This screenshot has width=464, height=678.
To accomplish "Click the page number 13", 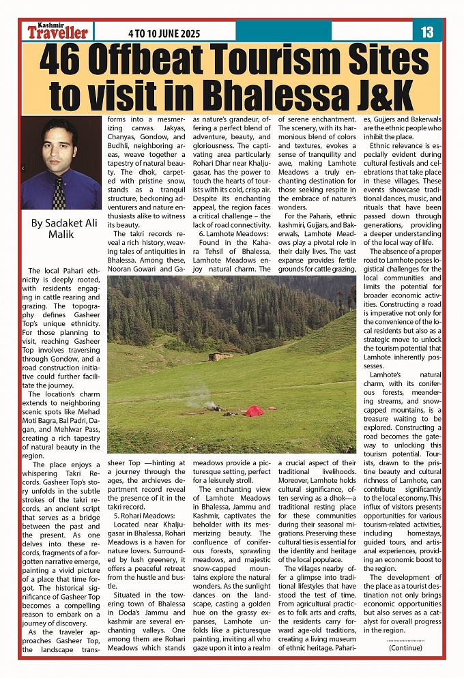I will point(428,32).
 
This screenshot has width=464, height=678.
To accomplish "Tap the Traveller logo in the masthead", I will point(58,33).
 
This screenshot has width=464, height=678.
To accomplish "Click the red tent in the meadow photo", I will point(254,411).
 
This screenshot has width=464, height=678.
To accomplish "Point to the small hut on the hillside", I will point(218,356).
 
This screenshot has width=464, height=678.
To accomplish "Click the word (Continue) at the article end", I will point(405,647).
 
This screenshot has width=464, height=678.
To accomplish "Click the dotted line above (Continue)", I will point(405,640).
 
